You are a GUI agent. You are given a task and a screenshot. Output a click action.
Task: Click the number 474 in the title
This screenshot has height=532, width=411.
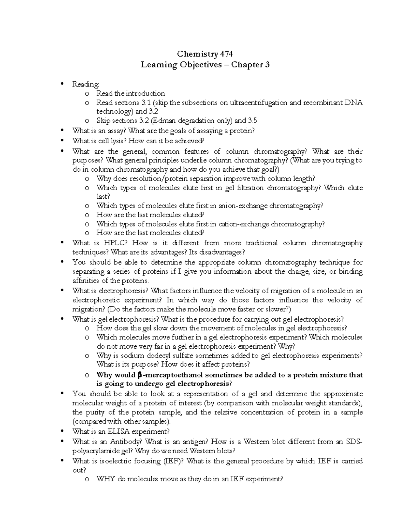tap(227, 54)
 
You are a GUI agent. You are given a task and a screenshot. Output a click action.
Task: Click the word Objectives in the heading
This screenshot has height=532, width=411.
tap(200, 65)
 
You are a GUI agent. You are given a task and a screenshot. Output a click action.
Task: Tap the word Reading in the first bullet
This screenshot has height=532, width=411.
tap(85, 84)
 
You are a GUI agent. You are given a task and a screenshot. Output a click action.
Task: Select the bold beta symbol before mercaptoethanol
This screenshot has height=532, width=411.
tap(139, 375)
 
